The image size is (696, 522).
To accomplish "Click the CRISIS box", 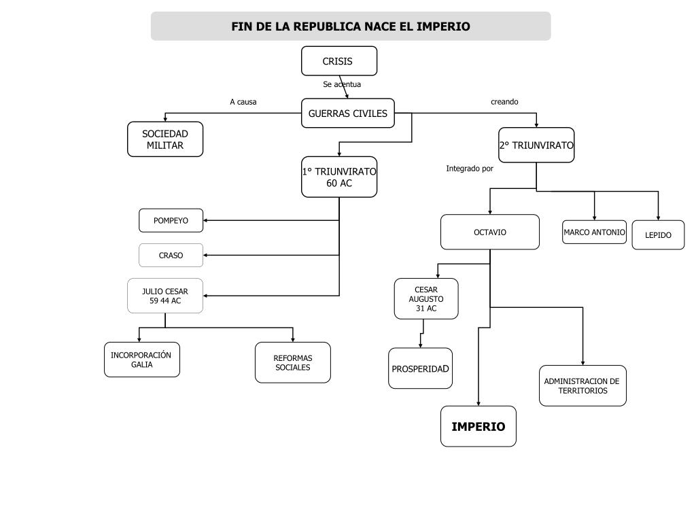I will click(338, 61).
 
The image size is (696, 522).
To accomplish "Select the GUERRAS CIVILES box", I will click(347, 114).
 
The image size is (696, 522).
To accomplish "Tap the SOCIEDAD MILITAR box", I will click(165, 139).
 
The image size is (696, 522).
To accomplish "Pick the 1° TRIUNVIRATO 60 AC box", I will click(339, 177).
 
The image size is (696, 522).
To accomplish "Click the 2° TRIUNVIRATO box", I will click(536, 145).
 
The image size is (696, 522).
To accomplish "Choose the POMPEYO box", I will click(171, 220).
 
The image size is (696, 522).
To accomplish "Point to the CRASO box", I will click(171, 256).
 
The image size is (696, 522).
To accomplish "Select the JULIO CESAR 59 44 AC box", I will click(165, 296).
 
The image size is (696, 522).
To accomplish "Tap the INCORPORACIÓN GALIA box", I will click(141, 360).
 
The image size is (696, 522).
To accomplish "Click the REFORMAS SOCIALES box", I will click(292, 362).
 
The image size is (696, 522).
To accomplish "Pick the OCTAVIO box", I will click(489, 232).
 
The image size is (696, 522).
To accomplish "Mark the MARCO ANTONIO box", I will click(594, 232).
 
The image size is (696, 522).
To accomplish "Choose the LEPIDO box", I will click(658, 235).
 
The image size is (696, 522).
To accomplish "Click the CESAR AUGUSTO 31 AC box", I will click(426, 298).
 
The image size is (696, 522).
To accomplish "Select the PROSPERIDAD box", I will click(420, 368).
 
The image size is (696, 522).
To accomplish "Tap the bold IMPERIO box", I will click(478, 427).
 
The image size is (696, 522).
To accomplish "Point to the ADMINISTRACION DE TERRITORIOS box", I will click(582, 385).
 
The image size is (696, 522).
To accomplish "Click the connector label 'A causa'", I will click(243, 102).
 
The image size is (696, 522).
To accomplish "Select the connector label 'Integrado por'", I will click(470, 169).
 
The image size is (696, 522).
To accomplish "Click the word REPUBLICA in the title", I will click(327, 27).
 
